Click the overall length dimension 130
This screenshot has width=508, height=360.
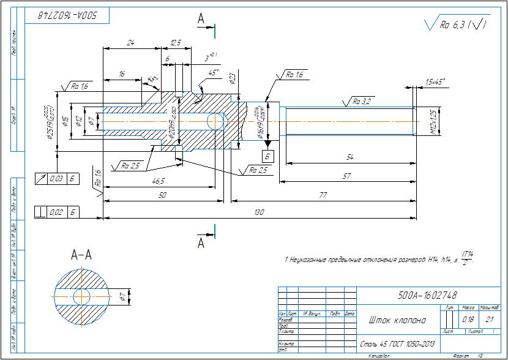click(259, 212)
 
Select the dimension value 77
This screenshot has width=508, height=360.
click(322, 195)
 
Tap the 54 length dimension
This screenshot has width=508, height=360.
click(349, 158)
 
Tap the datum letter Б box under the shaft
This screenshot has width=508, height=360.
click(268, 156)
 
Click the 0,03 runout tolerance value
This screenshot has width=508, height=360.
click(55, 178)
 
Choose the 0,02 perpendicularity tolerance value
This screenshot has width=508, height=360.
click(55, 212)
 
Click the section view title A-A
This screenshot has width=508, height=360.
click(81, 254)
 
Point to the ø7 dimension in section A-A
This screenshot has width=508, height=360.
click(122, 298)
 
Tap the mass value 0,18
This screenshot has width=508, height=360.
click(468, 320)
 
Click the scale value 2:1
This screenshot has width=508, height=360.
click(488, 320)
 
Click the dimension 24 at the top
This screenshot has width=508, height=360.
click(130, 42)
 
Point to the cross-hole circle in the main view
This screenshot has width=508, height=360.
click(215, 121)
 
